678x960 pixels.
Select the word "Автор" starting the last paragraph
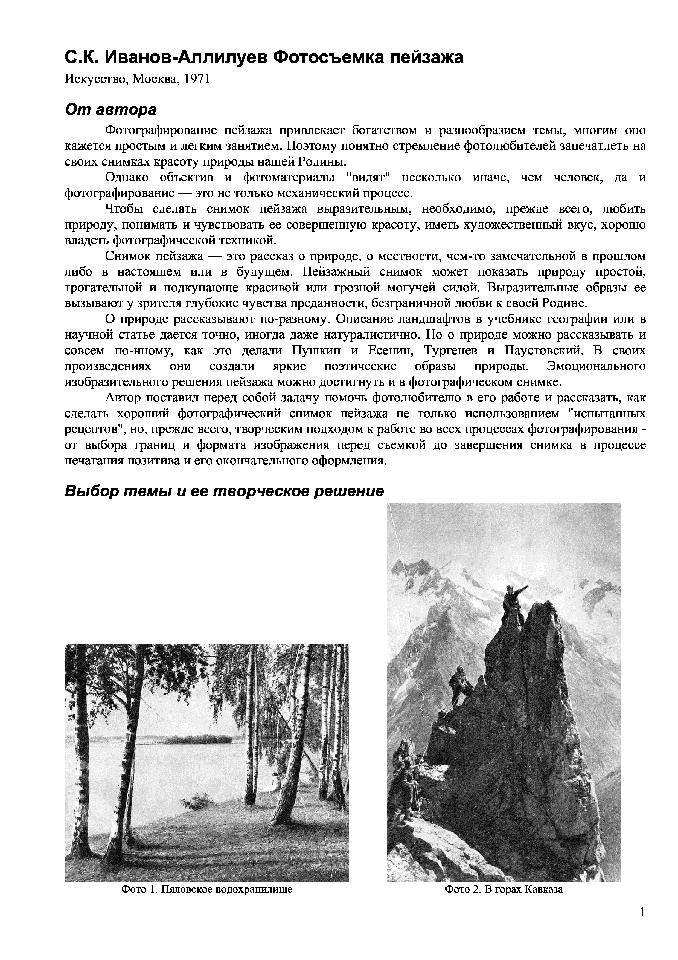(123, 398)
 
